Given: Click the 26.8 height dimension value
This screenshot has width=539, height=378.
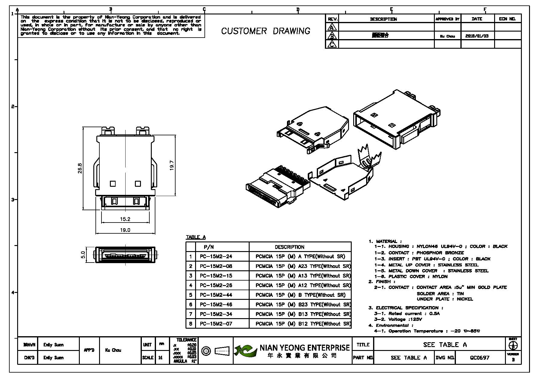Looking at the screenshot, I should (x=80, y=168).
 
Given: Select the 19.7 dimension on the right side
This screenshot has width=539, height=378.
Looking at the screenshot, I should (x=172, y=165).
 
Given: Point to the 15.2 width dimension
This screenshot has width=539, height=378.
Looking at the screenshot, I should (x=125, y=219).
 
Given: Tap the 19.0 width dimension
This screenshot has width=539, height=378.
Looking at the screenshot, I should (x=125, y=230).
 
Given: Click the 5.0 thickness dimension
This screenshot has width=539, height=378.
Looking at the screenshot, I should (x=83, y=255).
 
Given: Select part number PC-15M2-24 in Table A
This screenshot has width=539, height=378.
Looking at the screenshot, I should (x=216, y=257).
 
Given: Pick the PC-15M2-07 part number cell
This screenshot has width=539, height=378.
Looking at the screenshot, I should (x=216, y=324).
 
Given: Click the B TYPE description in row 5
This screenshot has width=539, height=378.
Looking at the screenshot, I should (x=300, y=295).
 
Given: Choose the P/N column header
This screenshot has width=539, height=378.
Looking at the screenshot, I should (x=209, y=247).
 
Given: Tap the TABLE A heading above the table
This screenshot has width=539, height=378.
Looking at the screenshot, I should (x=196, y=237).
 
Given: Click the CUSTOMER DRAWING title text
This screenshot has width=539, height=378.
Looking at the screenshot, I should (x=266, y=31).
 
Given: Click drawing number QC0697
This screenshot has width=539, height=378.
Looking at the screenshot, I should (x=480, y=358).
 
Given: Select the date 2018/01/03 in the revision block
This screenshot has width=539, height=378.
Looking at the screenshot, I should (x=477, y=36).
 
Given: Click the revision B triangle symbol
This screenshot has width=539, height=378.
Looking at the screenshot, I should (x=332, y=36).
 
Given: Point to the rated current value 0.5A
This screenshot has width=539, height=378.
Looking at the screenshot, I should (x=435, y=314).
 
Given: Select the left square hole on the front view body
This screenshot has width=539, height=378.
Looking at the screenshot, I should (x=113, y=183).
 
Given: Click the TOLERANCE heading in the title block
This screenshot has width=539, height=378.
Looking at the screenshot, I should (x=186, y=340).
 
